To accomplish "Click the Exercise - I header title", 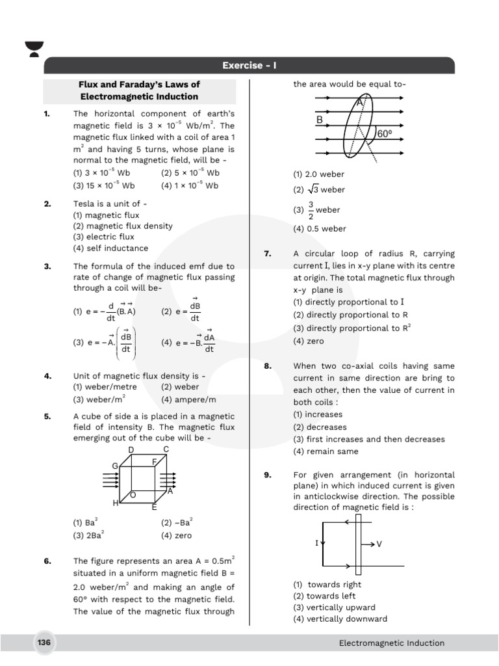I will [x=249, y=66].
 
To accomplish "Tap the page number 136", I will [x=44, y=643].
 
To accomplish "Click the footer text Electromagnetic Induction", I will [x=391, y=643].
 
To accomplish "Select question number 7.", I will [x=268, y=254].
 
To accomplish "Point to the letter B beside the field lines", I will [x=320, y=120].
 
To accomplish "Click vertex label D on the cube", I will [x=131, y=450].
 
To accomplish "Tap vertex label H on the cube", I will [x=116, y=503].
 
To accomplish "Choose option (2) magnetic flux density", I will [x=123, y=226].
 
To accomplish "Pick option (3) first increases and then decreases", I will [x=368, y=439].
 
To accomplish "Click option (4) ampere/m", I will [x=188, y=399].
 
